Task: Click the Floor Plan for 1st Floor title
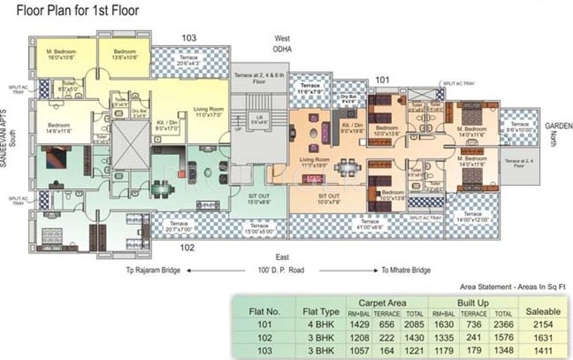click(77, 11)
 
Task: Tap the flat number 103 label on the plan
click(189, 38)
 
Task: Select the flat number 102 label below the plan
click(187, 247)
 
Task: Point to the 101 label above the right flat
click(382, 80)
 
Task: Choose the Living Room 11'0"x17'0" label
click(209, 112)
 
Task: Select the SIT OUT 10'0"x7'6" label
click(329, 199)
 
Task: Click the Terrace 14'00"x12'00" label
click(473, 217)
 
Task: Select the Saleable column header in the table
click(543, 310)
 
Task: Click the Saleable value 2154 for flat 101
click(543, 324)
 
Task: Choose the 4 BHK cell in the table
click(320, 324)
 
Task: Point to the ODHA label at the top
click(282, 49)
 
